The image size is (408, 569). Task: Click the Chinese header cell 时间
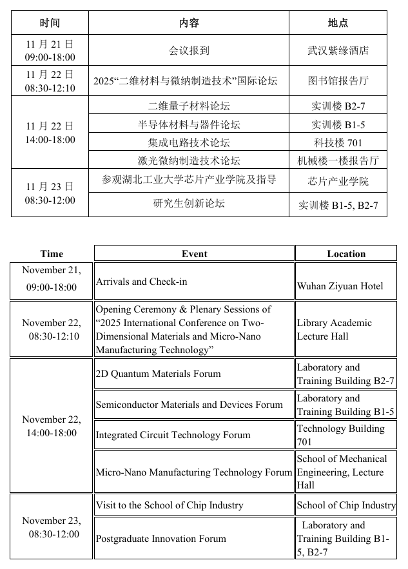pos(50,23)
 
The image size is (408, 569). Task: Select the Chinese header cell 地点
pos(338,23)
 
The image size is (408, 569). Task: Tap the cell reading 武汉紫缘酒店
pos(338,50)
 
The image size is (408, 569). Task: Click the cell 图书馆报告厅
pos(338,81)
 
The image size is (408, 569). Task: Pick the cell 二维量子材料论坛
pos(189,106)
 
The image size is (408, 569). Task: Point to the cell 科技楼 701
pos(338,142)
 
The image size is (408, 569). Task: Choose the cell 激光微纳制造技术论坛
pos(189,160)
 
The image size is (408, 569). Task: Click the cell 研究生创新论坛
pos(189,204)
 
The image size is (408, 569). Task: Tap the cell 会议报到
pos(189,50)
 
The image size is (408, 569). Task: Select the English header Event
pos(194,254)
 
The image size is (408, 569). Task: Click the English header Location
pos(346,254)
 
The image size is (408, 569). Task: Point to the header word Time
pos(52,254)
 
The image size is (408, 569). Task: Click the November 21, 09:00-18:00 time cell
pos(51,279)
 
